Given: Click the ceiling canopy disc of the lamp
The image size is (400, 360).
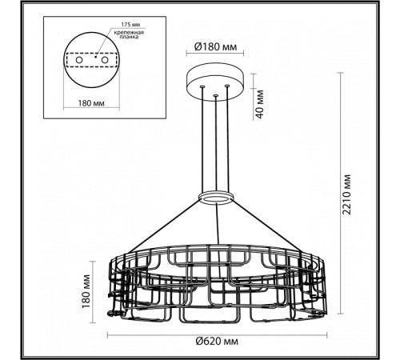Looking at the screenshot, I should tap(215, 83).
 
